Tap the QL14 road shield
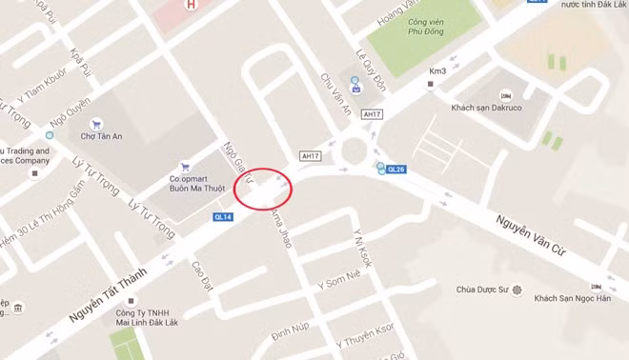222,217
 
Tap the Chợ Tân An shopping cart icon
95,124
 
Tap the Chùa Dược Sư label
485,290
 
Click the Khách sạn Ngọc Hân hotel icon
597,287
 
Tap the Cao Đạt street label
200,277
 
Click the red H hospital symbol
193,5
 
